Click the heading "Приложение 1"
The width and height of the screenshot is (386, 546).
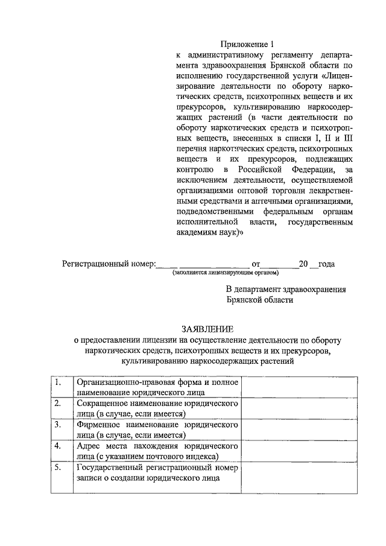247,44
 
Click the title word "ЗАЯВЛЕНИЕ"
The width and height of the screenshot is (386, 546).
207,329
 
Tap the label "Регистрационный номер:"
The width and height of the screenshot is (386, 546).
109,264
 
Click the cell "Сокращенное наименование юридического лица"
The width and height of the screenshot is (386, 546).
157,408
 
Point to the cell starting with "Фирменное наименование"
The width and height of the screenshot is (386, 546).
157,430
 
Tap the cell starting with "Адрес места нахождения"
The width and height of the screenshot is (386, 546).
157,451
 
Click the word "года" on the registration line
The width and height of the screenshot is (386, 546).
326,264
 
